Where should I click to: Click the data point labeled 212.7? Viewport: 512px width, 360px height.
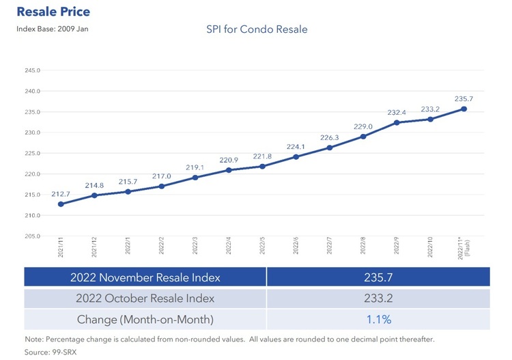[61, 204]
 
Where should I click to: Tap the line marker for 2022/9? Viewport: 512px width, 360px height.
[397, 123]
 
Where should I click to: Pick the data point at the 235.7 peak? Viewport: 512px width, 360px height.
[464, 109]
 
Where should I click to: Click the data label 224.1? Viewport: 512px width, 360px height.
[296, 146]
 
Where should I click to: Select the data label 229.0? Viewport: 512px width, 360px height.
[362, 126]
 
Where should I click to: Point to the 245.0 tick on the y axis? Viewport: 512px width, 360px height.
[32, 70]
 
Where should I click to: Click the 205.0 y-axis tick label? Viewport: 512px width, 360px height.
[32, 236]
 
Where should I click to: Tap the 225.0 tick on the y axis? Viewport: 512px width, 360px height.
[32, 153]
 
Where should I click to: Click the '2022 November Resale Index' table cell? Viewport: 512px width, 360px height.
[145, 277]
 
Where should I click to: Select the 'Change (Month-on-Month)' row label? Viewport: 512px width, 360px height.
[145, 319]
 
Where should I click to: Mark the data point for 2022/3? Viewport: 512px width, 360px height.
[195, 178]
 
